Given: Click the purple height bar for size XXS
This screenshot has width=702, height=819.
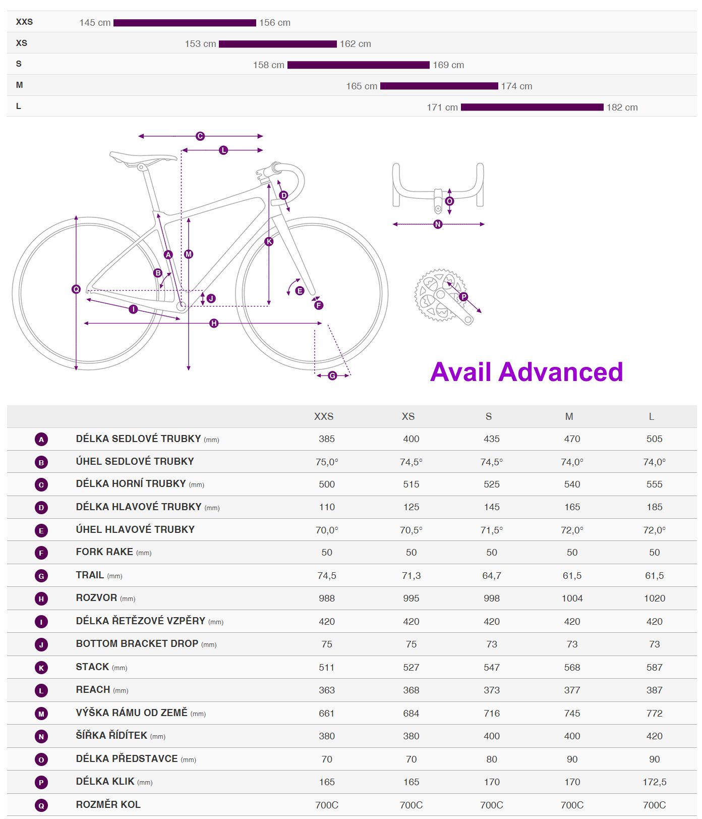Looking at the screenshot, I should click(185, 23).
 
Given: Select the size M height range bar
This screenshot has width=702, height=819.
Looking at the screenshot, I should click(439, 86).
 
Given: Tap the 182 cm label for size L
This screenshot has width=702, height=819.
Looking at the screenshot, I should click(622, 107).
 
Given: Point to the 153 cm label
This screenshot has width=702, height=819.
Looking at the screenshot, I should click(200, 44).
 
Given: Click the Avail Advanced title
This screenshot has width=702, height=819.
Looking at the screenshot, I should click(526, 372).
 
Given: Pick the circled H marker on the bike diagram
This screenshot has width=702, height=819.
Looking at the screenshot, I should click(214, 323).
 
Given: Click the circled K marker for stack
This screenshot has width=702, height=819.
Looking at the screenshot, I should click(269, 242).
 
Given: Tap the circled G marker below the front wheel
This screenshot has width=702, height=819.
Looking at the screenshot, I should click(332, 375).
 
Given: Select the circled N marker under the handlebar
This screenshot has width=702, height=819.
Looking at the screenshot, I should click(438, 224).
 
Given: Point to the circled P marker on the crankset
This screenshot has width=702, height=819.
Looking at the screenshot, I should click(463, 297).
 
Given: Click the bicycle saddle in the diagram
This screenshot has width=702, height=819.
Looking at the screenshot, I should click(143, 157).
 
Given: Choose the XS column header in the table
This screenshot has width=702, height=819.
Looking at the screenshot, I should click(408, 416).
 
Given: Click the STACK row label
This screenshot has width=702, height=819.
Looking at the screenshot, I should click(92, 667).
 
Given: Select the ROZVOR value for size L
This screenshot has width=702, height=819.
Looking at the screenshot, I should click(654, 598).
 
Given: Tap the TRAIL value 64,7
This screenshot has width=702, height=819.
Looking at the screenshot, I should click(491, 576).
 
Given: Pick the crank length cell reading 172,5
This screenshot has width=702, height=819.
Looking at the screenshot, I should click(654, 782).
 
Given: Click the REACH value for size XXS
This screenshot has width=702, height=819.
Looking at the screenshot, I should click(326, 690).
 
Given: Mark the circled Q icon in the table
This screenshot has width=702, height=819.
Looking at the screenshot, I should click(41, 805).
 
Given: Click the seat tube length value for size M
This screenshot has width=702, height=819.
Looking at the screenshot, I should click(572, 439).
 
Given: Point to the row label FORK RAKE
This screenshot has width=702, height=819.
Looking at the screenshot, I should click(104, 552).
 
